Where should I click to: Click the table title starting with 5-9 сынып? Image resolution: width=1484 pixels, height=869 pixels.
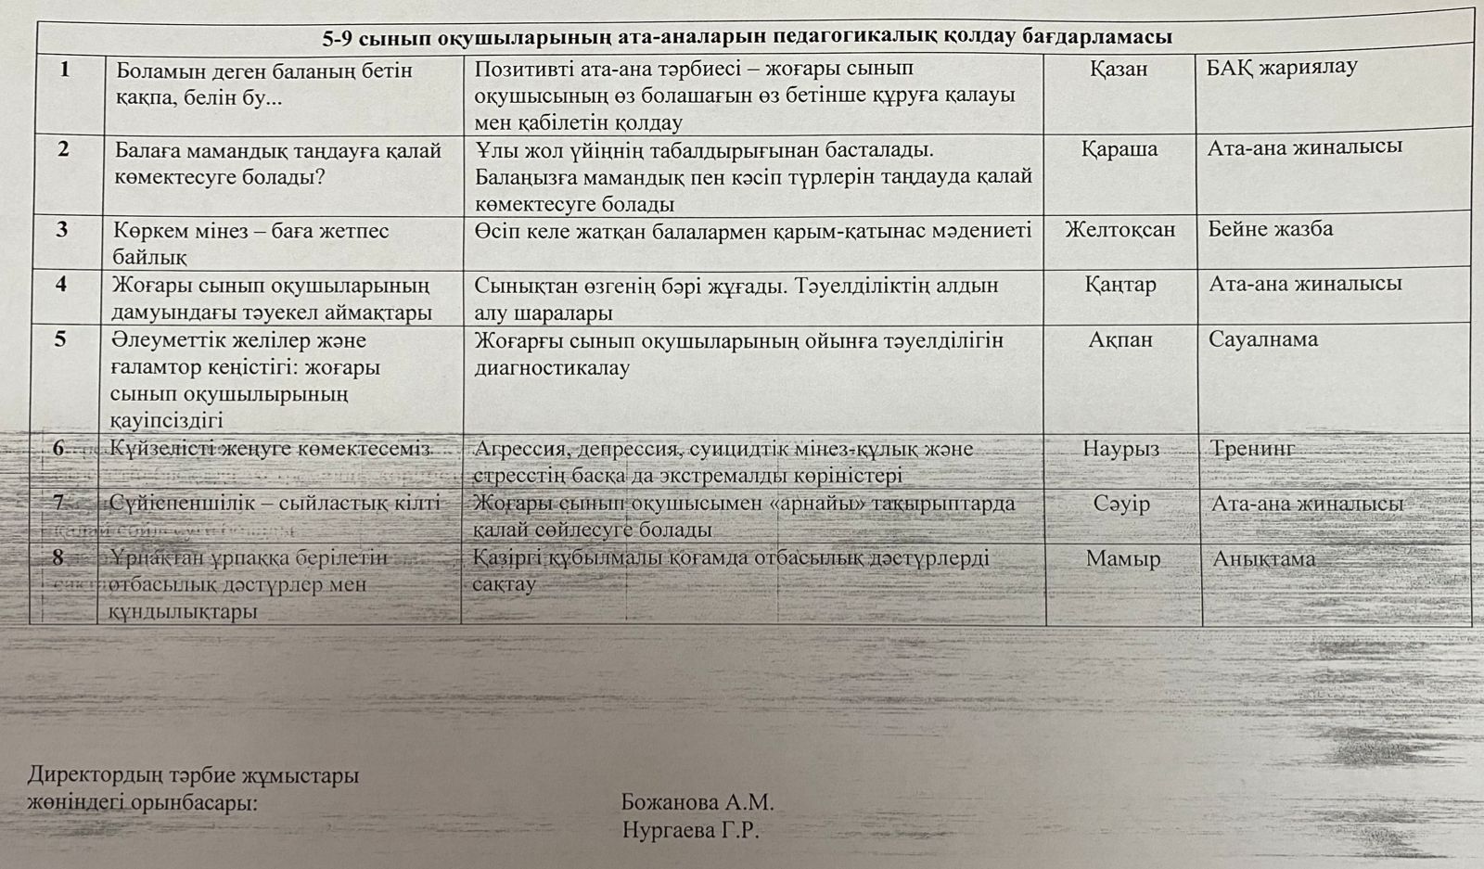pos(747,38)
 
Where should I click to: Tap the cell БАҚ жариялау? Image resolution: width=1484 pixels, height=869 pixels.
pos(1282,67)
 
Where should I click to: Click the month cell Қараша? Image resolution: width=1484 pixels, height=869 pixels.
pos(1119,148)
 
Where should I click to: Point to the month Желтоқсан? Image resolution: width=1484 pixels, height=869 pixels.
pos(1119,229)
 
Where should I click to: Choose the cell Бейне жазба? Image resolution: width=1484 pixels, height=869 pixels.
pos(1270,229)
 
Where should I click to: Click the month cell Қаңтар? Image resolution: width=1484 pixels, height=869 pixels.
pos(1120,285)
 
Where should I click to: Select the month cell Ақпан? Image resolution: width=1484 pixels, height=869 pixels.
pos(1120,339)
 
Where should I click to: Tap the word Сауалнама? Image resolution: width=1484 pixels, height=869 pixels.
pos(1262,339)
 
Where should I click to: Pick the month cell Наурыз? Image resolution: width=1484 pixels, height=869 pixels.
pos(1120,449)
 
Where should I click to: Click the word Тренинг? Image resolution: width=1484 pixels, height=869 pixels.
pos(1253,449)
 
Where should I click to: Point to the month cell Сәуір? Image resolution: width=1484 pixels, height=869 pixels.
pos(1121,504)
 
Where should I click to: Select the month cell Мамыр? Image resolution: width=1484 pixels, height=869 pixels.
pos(1122,559)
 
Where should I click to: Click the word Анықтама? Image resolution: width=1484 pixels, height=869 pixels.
pos(1263,559)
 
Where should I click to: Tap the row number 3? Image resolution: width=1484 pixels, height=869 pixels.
pos(62,229)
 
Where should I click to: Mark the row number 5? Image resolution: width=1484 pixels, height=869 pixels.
pos(60,339)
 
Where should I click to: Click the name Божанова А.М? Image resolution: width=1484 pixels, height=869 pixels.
pos(697,802)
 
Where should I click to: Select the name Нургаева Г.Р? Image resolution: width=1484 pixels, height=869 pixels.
pos(691,830)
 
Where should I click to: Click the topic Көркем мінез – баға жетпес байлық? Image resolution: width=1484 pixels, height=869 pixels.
pos(250,243)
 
